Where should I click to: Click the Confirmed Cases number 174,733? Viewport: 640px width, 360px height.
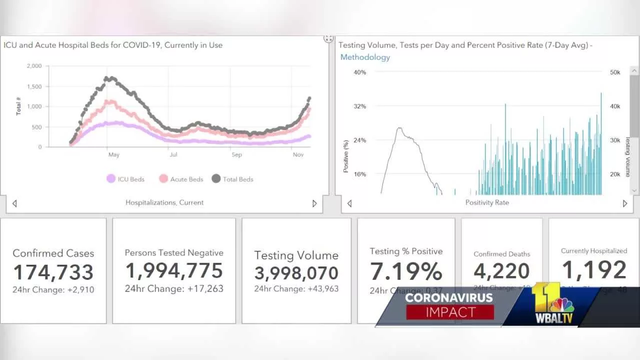[53, 272]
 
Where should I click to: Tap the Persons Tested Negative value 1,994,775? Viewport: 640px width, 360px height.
[174, 270]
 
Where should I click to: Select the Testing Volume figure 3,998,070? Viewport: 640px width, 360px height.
[296, 273]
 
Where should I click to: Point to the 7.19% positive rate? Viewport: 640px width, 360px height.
[406, 271]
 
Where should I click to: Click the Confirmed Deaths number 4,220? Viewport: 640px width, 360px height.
[501, 271]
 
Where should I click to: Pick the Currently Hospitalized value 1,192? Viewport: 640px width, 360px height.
[594, 270]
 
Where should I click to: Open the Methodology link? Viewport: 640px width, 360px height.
[365, 57]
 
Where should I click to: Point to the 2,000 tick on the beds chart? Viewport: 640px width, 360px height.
[34, 66]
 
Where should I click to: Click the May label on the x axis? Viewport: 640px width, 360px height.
[114, 155]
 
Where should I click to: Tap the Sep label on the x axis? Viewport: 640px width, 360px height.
[236, 155]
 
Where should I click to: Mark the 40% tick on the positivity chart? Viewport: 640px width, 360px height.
[360, 72]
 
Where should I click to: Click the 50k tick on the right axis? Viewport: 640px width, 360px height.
[614, 72]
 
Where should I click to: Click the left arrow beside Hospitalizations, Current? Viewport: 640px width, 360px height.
[14, 203]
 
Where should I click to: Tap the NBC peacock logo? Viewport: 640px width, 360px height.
[561, 304]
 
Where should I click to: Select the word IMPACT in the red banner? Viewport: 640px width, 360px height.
[450, 312]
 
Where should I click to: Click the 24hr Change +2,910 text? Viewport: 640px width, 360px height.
[53, 289]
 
